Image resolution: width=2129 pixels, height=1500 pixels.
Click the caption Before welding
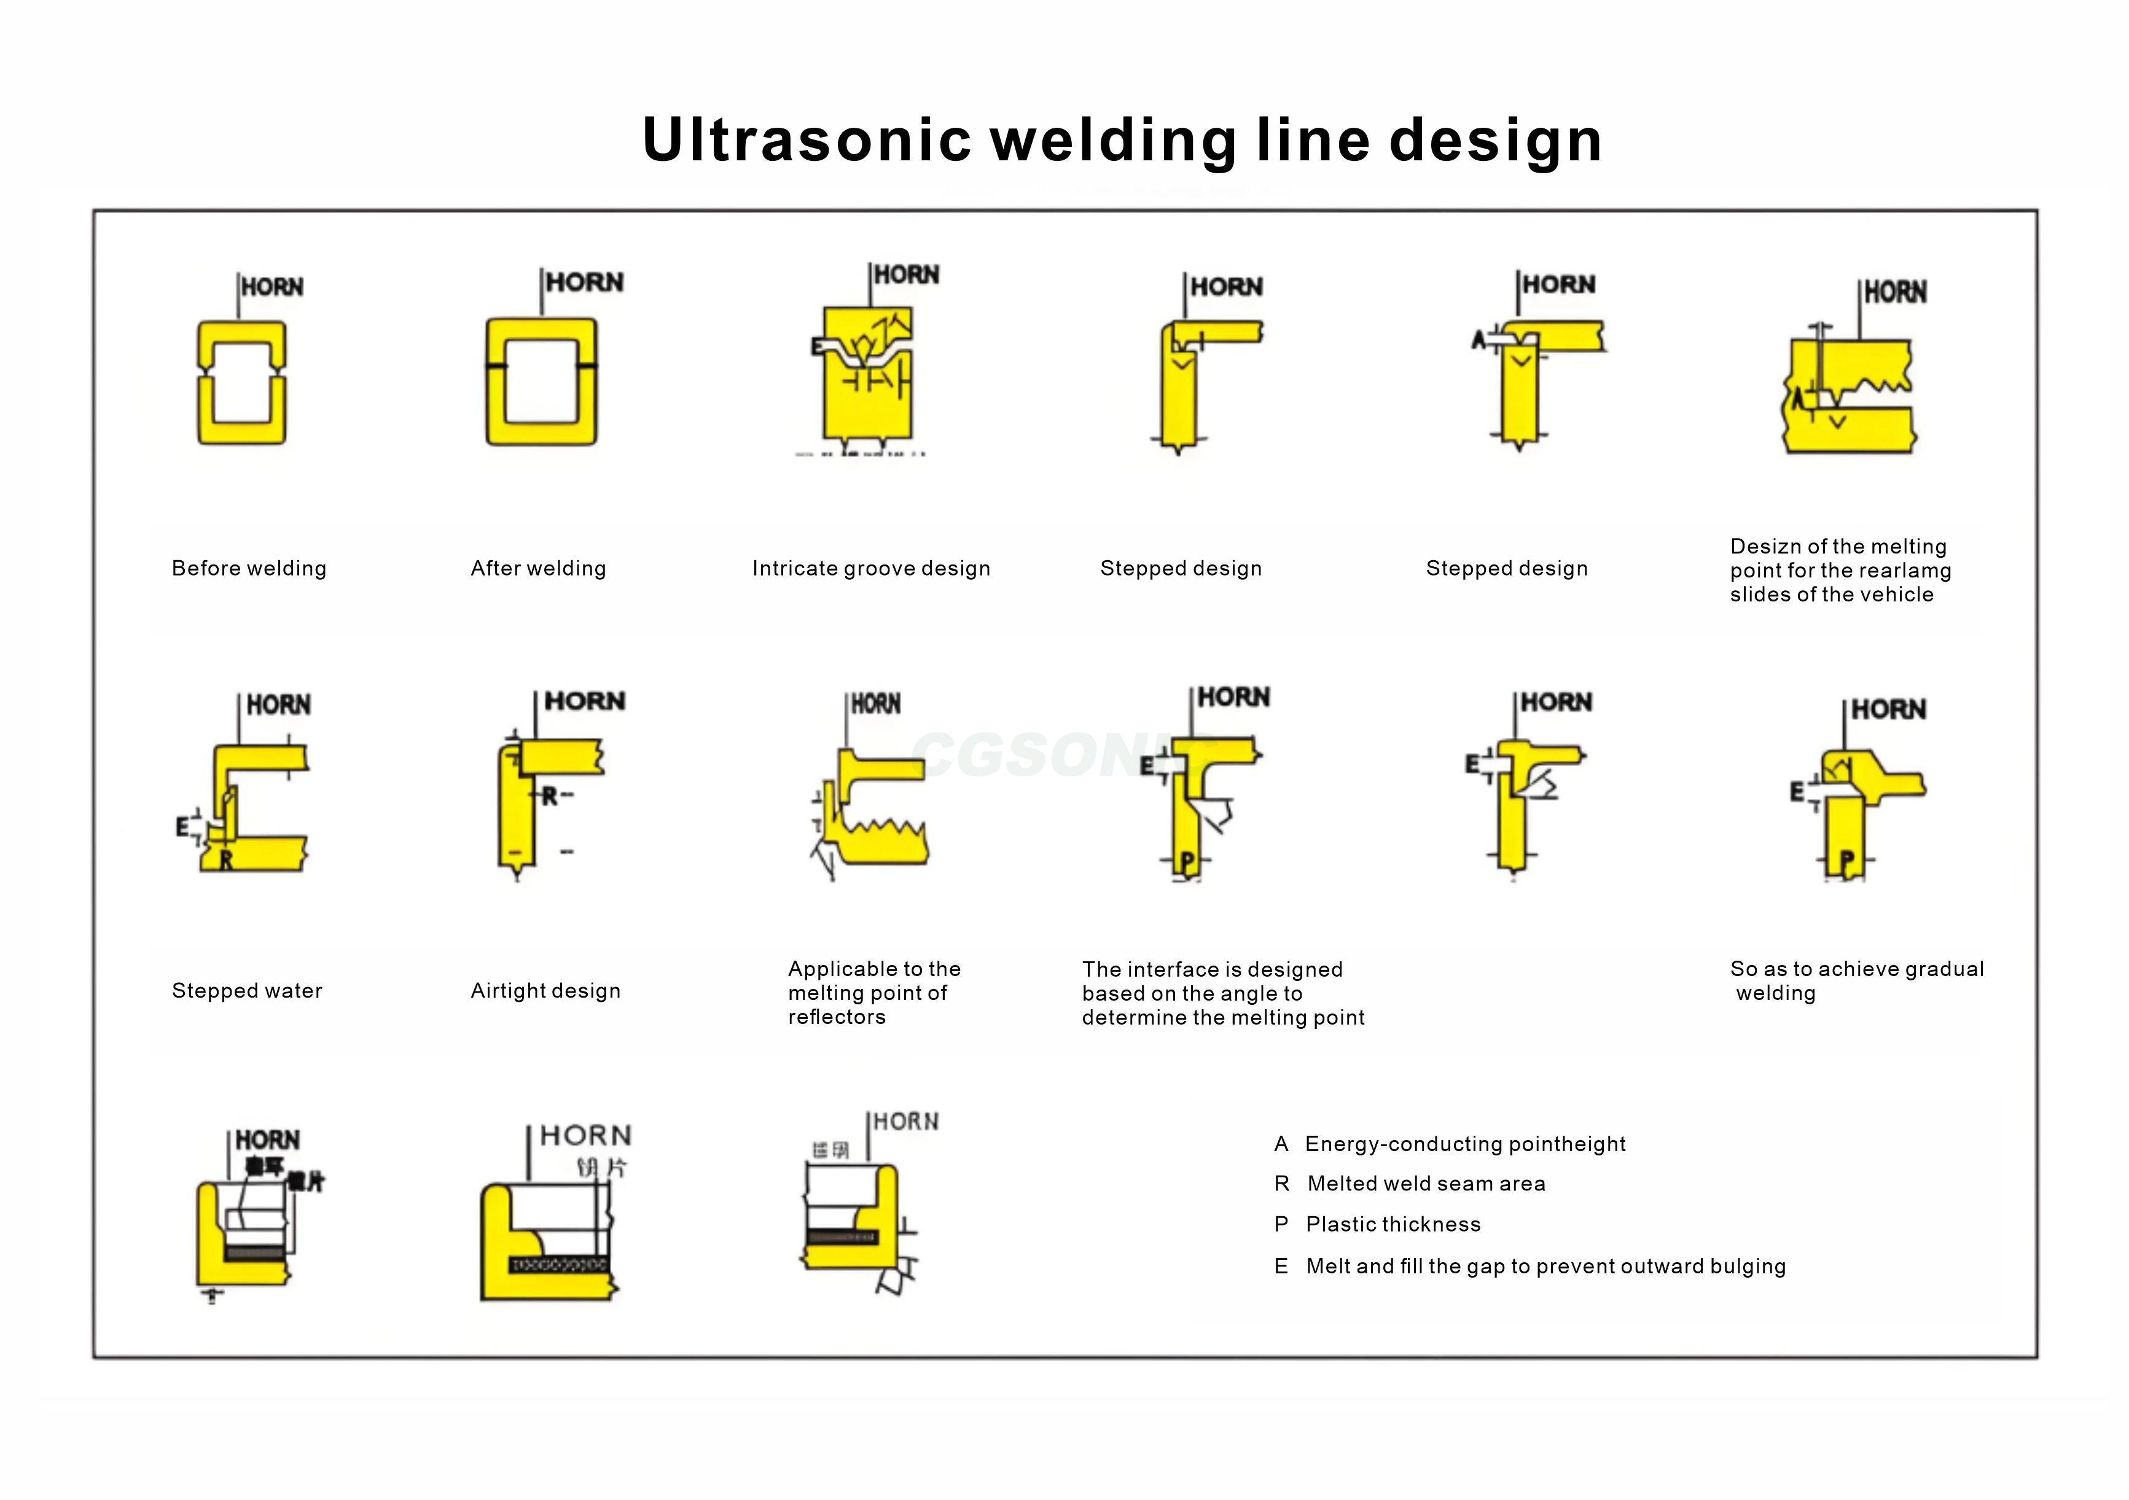point(249,568)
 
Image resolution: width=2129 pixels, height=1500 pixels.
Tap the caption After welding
point(538,568)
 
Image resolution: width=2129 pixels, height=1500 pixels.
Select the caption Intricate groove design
point(870,568)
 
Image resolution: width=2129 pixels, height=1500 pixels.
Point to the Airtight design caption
point(545,991)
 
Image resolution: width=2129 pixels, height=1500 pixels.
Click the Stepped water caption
point(247,991)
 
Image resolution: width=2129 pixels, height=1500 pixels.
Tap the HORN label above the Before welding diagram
point(271,287)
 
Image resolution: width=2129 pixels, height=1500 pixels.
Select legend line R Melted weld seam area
point(1410,1184)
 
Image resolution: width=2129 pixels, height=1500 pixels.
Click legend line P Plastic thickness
point(1377,1225)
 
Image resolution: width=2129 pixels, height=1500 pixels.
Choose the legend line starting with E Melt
point(1530,1267)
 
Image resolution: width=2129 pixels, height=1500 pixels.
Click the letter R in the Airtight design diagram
point(550,796)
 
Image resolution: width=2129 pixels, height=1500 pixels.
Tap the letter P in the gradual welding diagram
point(1846,861)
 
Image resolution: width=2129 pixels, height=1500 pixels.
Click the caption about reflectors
point(873,993)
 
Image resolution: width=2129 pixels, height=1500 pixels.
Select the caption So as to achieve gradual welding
point(1856,981)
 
